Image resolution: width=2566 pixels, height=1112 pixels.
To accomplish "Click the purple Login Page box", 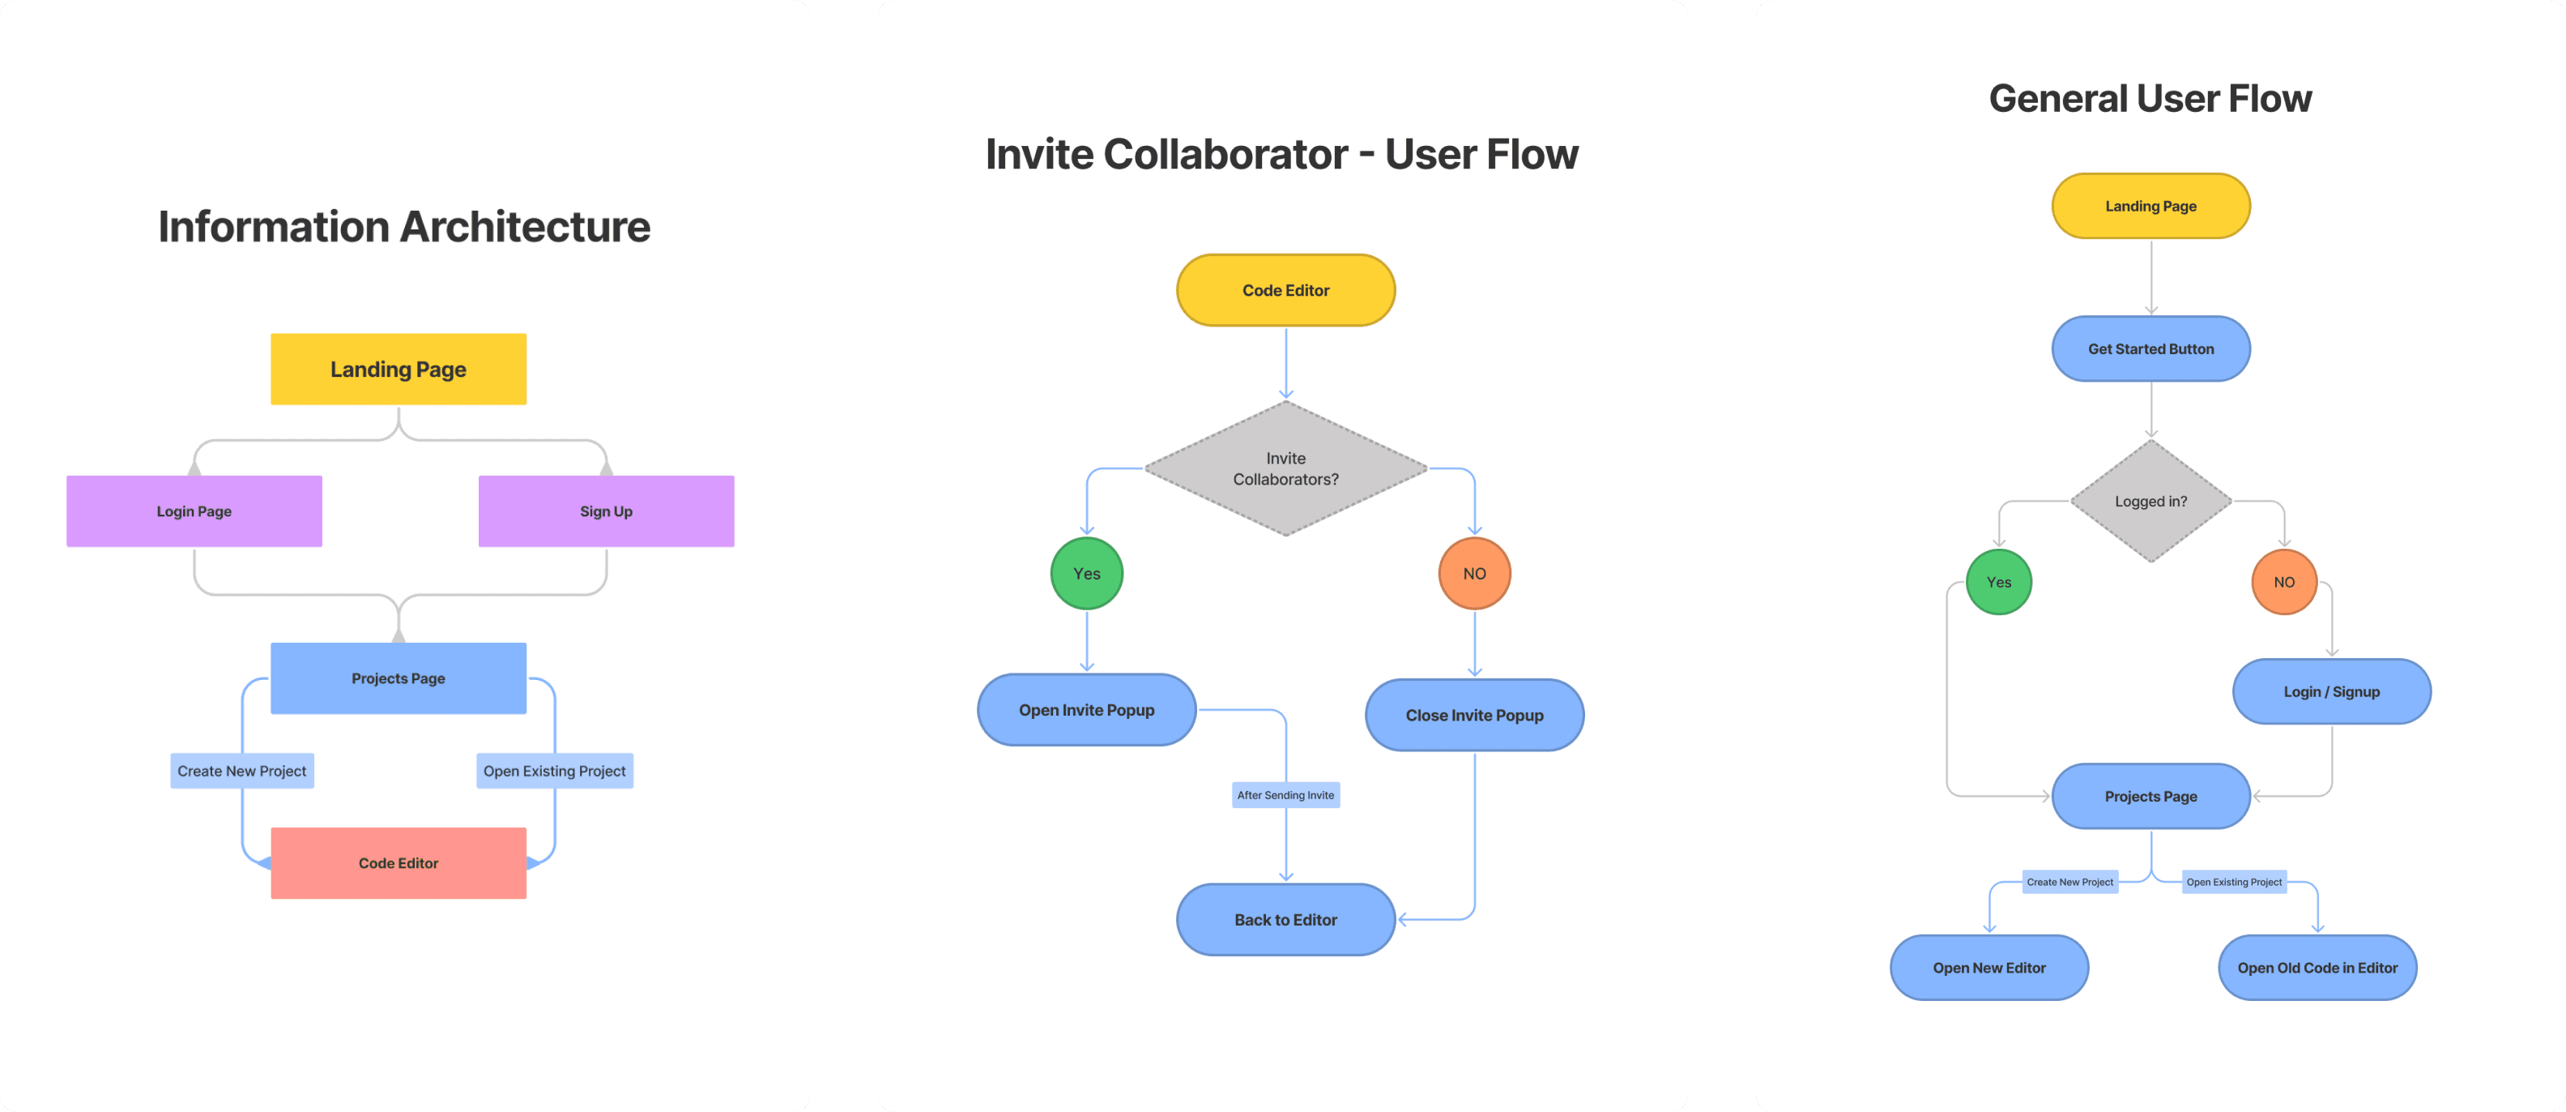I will (x=194, y=511).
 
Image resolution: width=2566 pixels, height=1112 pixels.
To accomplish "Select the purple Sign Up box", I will (x=606, y=511).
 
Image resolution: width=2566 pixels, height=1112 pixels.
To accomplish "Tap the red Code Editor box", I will (x=399, y=863).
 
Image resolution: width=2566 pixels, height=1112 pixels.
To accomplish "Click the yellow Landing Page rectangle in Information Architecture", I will (x=399, y=369).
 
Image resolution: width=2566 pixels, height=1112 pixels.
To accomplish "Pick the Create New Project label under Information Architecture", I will (x=242, y=772).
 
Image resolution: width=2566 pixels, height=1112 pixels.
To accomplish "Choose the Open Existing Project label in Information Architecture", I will (x=555, y=772).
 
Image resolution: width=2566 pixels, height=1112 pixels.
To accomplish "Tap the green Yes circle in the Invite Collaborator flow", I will (x=1087, y=574).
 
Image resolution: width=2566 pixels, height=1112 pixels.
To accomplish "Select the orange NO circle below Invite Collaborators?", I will (x=1474, y=574).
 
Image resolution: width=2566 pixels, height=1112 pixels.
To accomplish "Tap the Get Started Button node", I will (x=2150, y=349).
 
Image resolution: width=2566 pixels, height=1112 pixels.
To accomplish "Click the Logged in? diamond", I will (x=2150, y=501).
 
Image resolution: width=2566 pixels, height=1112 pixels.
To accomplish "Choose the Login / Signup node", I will (x=2331, y=691).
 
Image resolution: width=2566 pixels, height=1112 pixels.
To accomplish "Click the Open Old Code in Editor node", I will (x=2317, y=968).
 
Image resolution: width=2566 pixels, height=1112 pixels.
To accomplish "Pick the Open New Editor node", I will (x=1989, y=968).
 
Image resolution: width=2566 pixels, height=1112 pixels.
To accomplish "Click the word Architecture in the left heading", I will (x=525, y=227).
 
